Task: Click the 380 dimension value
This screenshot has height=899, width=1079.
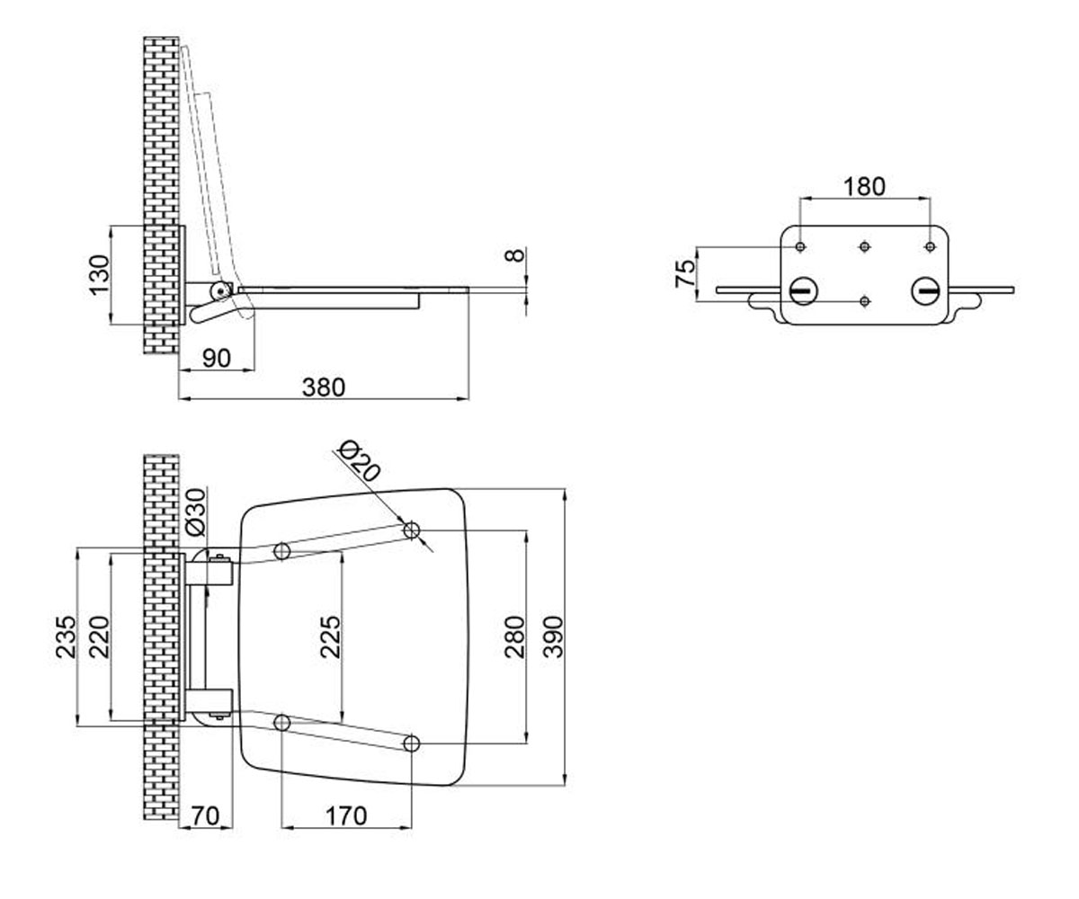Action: (324, 387)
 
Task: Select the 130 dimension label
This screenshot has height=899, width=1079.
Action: (100, 275)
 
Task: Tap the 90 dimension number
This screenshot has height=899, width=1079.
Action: (217, 359)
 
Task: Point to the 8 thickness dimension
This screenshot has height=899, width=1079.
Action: (515, 255)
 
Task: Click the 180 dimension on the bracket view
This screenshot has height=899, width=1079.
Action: (864, 186)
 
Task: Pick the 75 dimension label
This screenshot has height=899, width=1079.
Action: (686, 273)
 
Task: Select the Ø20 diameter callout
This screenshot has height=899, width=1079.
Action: (360, 462)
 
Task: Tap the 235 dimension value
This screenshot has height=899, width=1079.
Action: (66, 637)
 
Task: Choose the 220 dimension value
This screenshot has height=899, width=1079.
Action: (100, 637)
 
